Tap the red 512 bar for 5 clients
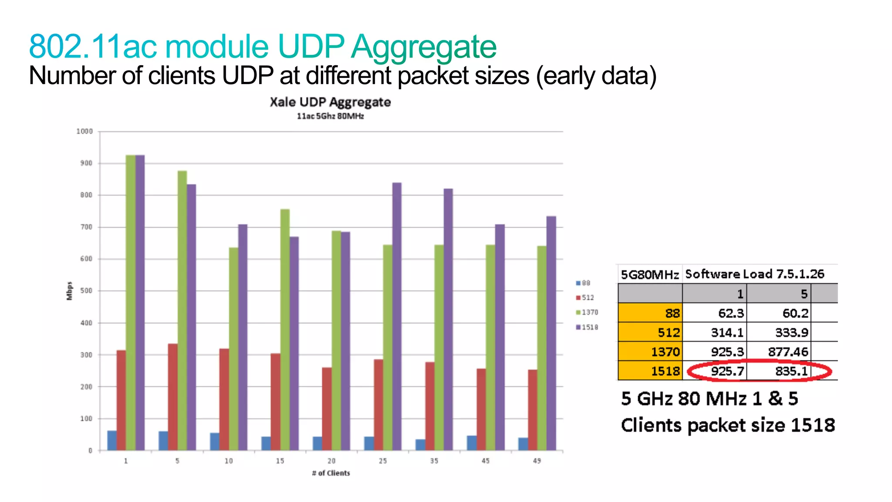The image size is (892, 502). point(173,397)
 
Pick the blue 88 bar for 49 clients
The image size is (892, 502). point(523,444)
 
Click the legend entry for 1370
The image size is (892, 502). point(587,312)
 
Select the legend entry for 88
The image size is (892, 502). point(583,283)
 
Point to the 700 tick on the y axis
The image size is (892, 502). point(86,227)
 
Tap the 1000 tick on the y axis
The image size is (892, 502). point(84,131)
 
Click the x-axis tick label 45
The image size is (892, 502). point(485,461)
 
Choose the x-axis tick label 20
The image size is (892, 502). point(331,461)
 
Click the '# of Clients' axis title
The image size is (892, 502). point(331,473)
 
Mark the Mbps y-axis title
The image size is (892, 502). point(69,290)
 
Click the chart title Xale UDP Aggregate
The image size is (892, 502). point(330,102)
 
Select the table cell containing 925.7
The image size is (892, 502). point(715,371)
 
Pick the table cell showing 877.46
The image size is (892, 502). point(779,351)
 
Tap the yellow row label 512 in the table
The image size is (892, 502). point(650,332)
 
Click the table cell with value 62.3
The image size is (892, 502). point(715,313)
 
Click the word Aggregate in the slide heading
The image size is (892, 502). point(423,46)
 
